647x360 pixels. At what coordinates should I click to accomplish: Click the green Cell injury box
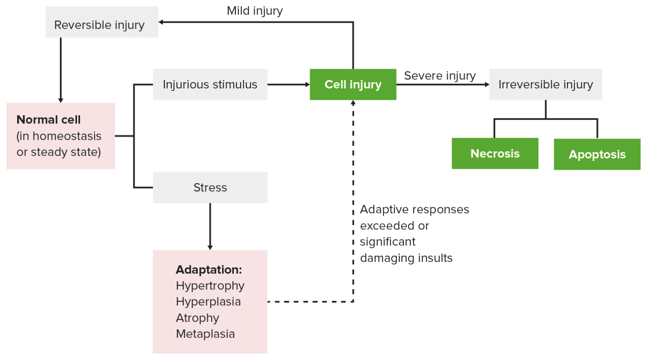tap(353, 85)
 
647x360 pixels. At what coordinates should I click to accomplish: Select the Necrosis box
tap(495, 154)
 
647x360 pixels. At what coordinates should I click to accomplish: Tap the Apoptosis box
tap(597, 155)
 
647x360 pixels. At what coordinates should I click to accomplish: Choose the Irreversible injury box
tap(545, 85)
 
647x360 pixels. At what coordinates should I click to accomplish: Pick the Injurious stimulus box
tap(210, 85)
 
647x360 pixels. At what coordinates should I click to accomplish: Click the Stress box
tap(210, 187)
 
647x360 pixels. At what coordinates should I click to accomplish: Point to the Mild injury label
tap(254, 11)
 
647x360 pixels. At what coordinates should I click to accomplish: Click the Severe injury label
tap(440, 76)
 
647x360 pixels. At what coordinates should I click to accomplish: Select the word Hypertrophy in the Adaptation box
tap(210, 285)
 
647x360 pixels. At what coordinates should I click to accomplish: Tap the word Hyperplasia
tap(208, 301)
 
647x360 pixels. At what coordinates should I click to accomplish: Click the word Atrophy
tap(197, 318)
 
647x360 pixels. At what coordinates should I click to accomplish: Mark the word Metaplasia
tap(205, 334)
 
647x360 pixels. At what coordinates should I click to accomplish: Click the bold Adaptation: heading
tap(209, 269)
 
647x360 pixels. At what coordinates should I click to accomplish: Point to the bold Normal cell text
tap(48, 120)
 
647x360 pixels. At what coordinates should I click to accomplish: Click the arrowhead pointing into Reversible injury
tap(161, 22)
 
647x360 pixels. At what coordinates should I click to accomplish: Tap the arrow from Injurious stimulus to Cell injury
tap(289, 85)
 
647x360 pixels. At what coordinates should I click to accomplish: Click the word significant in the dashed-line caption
tap(388, 242)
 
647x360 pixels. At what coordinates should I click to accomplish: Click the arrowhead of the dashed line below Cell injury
tap(353, 103)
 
